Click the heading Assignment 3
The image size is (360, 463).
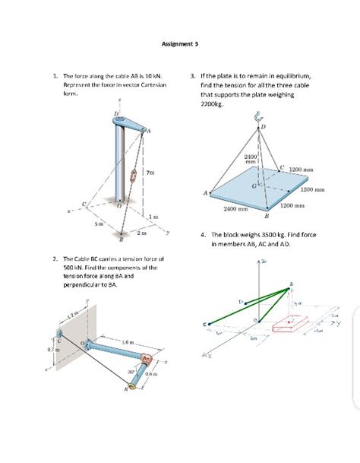tap(180, 44)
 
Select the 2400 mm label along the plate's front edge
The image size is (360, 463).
tap(232, 208)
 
